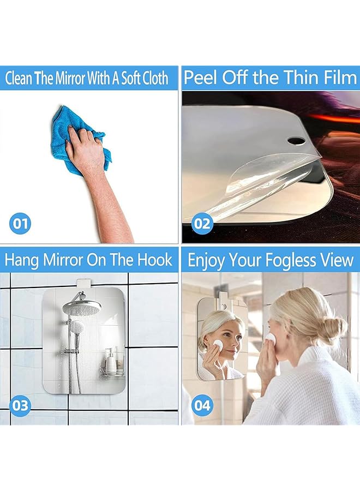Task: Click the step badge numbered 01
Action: tap(20, 223)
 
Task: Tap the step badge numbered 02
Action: tap(201, 223)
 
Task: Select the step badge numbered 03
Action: tap(20, 406)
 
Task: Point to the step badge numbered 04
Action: tap(201, 406)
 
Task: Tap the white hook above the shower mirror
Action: tap(83, 284)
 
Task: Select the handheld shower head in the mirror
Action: tap(77, 327)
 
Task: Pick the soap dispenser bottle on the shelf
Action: tap(110, 360)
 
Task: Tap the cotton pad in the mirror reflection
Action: tap(218, 343)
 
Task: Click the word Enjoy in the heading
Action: tap(203, 260)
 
